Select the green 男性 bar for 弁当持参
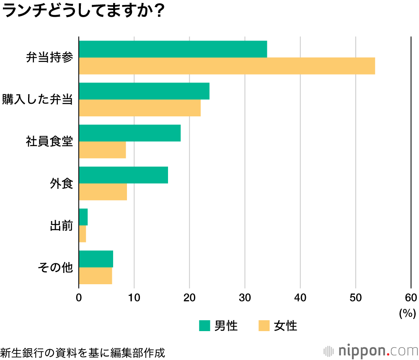click(x=173, y=49)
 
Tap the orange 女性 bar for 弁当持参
click(x=227, y=66)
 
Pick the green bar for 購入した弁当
click(x=144, y=91)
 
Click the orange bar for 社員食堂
click(x=102, y=150)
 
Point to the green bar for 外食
click(x=123, y=175)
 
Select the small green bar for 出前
click(x=83, y=217)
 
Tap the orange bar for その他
click(x=96, y=275)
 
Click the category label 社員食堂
click(x=49, y=142)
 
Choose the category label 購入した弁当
click(x=38, y=100)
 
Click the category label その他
click(x=55, y=267)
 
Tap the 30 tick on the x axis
click(x=245, y=298)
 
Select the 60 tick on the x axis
click(x=411, y=298)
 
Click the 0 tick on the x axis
click(x=79, y=298)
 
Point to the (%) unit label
click(x=407, y=312)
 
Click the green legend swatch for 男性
click(x=204, y=325)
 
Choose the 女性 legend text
click(x=286, y=326)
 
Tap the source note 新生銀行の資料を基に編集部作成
click(x=83, y=352)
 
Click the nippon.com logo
click(x=371, y=350)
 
